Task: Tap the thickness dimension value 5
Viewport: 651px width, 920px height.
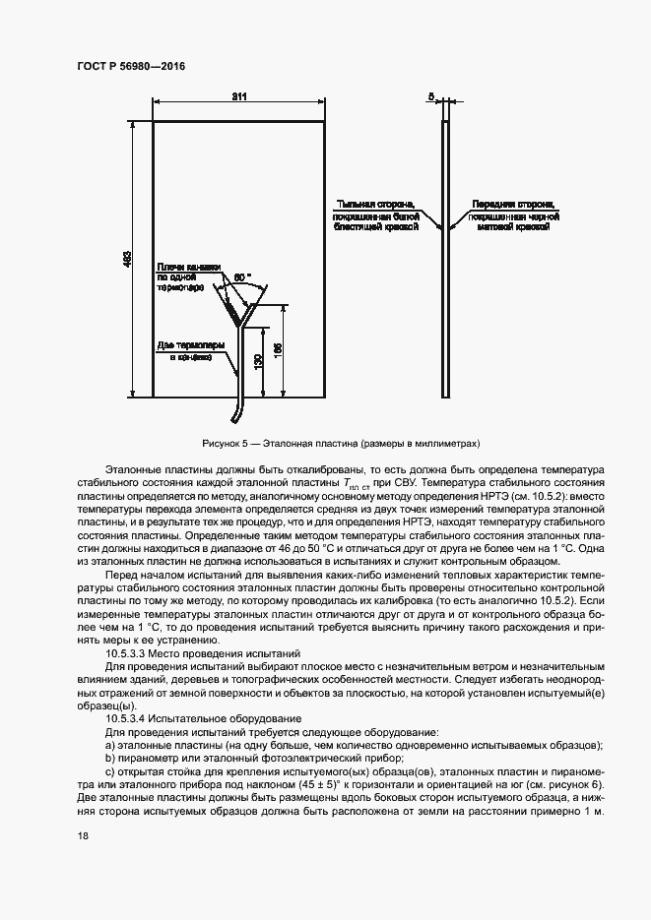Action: [x=431, y=97]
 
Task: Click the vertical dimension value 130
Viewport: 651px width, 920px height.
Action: [x=258, y=362]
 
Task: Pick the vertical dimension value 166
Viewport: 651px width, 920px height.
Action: [x=280, y=350]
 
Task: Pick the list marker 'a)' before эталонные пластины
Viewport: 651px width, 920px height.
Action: [x=110, y=746]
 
